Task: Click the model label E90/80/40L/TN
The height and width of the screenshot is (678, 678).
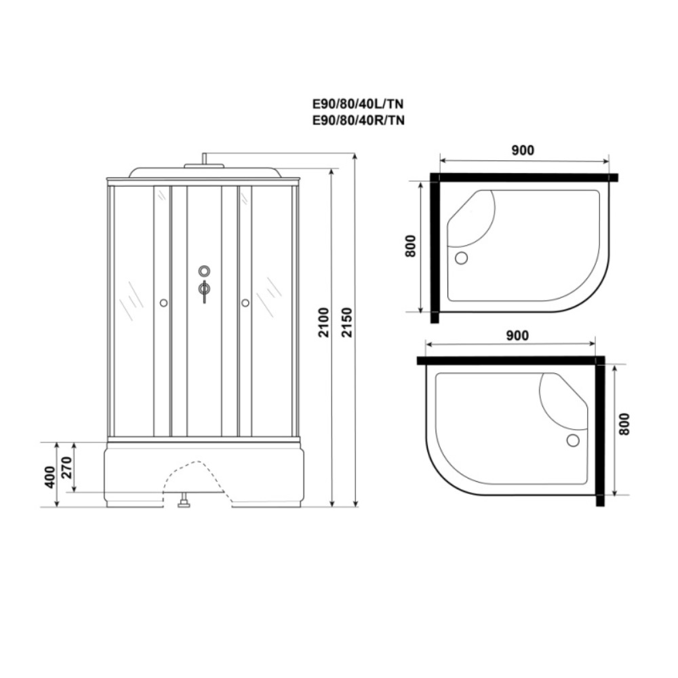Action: (358, 105)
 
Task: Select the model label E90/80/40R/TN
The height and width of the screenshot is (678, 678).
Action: (358, 120)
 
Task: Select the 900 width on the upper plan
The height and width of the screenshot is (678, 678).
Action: (523, 151)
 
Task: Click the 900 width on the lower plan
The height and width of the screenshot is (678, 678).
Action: (516, 335)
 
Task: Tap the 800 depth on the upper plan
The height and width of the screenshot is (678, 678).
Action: (410, 246)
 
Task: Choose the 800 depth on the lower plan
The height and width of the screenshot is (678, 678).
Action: (624, 424)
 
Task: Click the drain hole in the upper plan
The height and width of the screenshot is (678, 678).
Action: (462, 258)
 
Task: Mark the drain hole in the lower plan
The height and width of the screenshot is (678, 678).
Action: (573, 440)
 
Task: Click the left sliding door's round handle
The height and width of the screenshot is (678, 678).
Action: (163, 303)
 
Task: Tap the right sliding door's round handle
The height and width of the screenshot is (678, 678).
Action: (245, 303)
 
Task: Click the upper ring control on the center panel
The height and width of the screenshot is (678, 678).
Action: (204, 271)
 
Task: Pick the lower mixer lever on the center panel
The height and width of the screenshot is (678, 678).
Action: (204, 290)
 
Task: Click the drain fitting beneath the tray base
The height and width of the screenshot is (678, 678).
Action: (183, 503)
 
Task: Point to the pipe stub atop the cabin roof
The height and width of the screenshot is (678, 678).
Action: (203, 159)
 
